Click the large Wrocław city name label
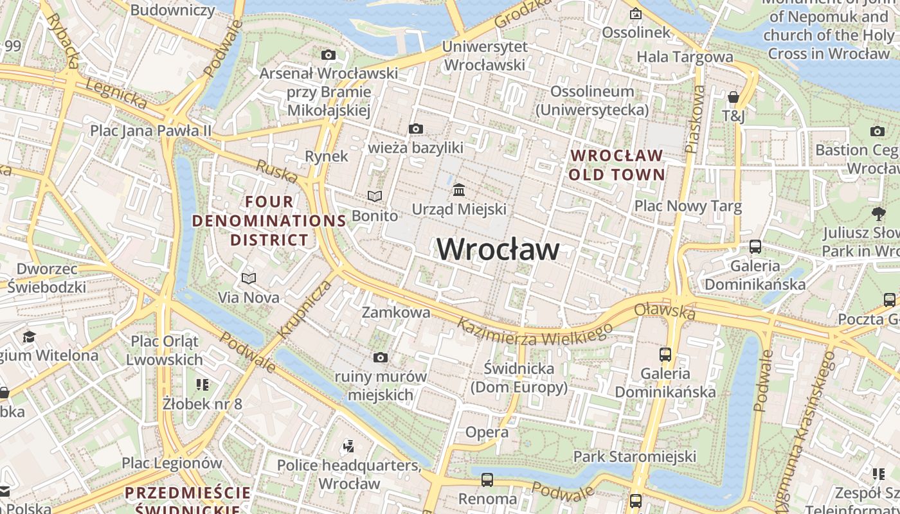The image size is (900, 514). coord(498,249)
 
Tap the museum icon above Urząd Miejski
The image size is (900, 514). coord(459,190)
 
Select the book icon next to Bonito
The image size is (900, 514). coord(374,196)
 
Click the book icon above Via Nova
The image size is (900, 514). coord(249,278)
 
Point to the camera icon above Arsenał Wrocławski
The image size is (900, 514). coord(328,55)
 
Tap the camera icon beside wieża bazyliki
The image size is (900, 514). coord(416,129)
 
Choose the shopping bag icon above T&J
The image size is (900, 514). coord(733,98)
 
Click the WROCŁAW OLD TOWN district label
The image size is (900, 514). coord(616,165)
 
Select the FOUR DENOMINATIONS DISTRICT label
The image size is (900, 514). coord(269,221)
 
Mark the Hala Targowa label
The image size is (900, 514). coord(685,57)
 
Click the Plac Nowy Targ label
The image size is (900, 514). coord(688,206)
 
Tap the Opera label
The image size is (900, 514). coord(487,432)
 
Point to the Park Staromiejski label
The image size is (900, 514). coord(634,457)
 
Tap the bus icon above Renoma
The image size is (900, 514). coord(487,480)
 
